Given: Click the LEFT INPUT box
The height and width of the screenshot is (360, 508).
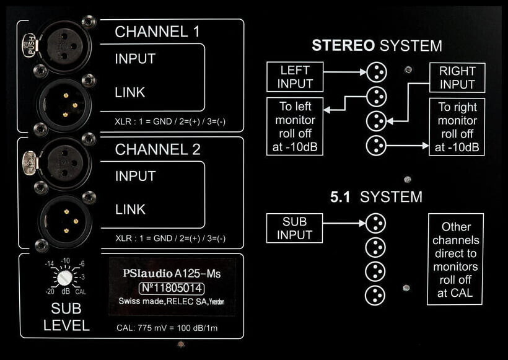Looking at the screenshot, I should click(x=294, y=76).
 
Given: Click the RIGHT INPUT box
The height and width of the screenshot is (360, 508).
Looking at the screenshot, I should click(x=457, y=77).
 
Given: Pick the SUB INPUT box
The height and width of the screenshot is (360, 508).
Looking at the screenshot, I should click(x=294, y=228).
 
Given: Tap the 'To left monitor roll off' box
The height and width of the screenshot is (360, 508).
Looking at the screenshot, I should click(x=295, y=126).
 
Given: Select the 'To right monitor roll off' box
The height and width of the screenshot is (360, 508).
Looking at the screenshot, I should click(x=457, y=127).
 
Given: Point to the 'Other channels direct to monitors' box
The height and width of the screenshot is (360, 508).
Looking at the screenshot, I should click(x=455, y=259).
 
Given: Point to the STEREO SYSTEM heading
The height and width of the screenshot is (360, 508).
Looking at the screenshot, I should click(x=376, y=45).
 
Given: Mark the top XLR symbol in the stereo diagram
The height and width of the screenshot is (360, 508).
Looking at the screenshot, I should click(x=375, y=72).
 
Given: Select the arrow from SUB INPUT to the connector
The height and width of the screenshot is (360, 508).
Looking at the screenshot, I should click(x=344, y=222).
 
